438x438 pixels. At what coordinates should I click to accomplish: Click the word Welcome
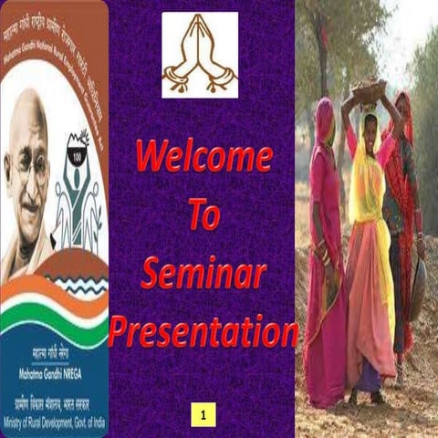pos(203,157)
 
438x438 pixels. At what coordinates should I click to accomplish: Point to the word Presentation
pos(203,330)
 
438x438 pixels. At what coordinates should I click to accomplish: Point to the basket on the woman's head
pos(369,91)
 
